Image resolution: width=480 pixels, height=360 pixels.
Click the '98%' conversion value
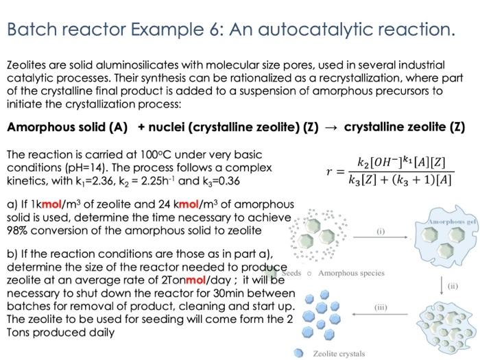tap(19, 230)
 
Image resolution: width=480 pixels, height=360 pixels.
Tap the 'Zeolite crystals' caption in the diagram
tap(339, 353)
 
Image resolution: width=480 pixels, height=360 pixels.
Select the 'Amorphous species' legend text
tap(351, 273)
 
